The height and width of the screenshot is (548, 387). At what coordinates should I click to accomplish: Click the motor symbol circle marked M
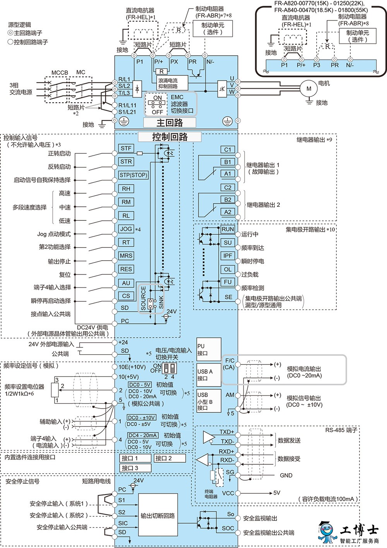point(309,89)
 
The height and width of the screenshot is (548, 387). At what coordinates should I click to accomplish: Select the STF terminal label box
point(126,148)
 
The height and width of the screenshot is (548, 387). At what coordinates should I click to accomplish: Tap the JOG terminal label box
point(126,229)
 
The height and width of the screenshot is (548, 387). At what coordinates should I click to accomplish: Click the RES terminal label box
point(126,269)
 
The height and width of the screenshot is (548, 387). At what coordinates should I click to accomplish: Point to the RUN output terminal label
point(228,229)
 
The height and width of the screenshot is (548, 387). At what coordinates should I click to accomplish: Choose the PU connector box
point(209,350)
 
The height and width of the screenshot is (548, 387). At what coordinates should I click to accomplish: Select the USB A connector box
point(209,375)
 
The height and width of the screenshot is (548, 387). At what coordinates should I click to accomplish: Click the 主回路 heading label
point(170,122)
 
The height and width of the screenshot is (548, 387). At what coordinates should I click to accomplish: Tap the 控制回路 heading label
point(170,137)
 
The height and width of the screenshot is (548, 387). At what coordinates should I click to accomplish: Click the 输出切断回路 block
point(158,516)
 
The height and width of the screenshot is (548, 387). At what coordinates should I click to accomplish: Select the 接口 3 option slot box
point(135,468)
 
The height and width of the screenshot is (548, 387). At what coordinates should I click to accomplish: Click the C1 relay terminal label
point(228,149)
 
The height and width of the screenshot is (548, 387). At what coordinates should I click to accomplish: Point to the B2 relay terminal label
point(228,199)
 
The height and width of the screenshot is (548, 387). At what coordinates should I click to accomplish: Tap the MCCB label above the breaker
point(60,73)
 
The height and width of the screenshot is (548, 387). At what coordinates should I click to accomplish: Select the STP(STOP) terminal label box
point(134,175)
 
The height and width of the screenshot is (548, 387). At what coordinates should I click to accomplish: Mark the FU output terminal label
point(228,282)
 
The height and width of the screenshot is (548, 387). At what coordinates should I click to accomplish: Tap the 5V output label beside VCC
point(277,493)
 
